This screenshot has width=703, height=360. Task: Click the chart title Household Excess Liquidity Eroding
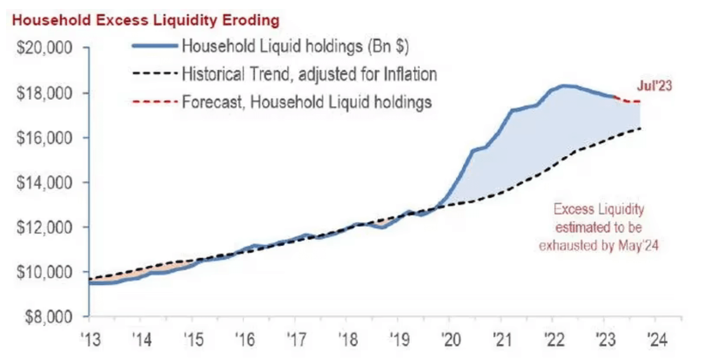click(145, 21)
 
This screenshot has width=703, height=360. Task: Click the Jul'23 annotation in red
click(654, 86)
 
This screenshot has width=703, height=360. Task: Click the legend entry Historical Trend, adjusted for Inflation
click(309, 74)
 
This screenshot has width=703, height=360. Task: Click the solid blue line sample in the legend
click(155, 46)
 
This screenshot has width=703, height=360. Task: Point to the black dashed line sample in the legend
click(155, 74)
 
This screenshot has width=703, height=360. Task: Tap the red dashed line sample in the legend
click(155, 102)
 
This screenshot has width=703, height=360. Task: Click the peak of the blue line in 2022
click(564, 86)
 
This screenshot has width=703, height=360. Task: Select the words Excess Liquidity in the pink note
click(599, 209)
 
